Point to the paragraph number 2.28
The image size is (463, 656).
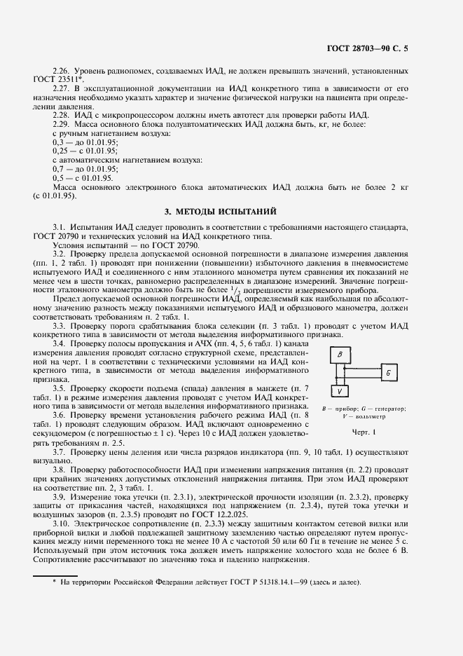62,114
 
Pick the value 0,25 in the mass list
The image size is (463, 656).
61,150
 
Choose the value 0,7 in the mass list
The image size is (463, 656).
59,168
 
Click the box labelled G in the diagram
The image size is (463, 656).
387,373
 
